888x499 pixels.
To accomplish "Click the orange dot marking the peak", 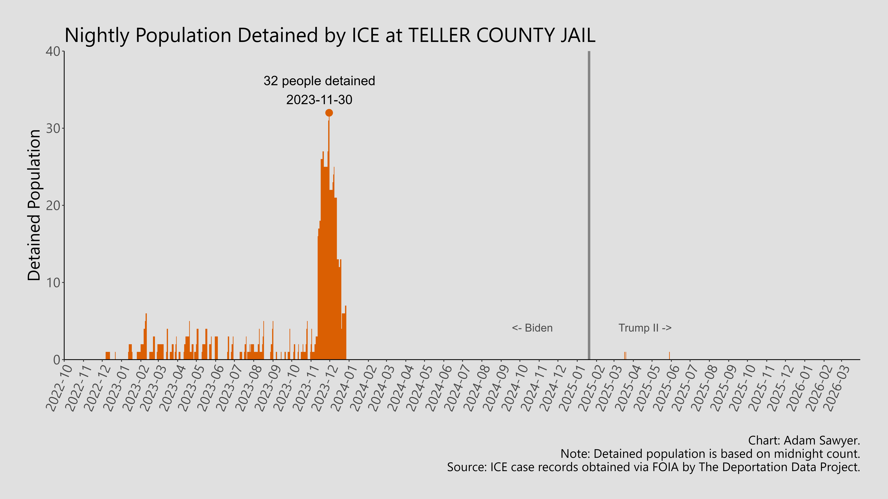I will coord(329,113).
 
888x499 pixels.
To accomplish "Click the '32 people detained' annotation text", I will coord(319,81).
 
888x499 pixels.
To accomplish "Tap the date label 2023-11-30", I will coord(319,100).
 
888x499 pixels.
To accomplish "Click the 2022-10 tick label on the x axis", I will coord(59,388).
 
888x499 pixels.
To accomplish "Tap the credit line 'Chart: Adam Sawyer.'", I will coord(804,440).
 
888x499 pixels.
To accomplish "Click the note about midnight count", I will coord(710,454).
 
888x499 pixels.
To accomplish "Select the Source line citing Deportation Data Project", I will coord(653,467).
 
